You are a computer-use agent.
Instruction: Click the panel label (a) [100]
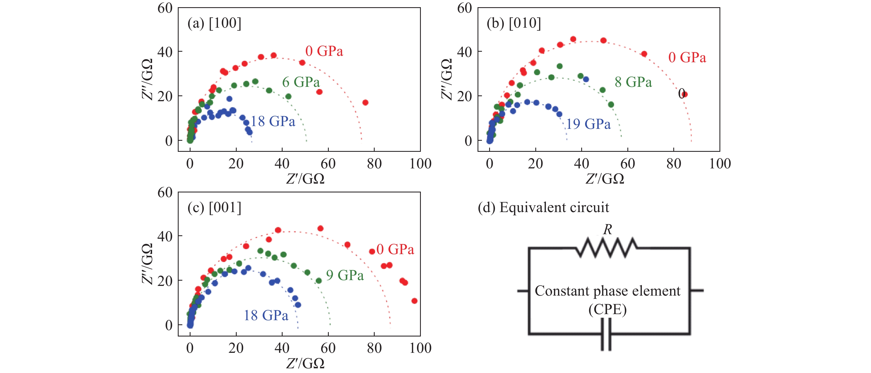214,23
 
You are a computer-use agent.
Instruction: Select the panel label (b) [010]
513,23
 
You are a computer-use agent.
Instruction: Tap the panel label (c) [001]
214,208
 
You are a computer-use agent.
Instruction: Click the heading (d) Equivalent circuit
543,208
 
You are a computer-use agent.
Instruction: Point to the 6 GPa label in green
301,82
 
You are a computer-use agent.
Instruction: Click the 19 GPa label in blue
588,124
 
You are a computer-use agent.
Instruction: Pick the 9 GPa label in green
345,275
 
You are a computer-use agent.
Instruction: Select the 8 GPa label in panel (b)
633,82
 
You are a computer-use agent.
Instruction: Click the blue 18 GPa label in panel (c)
266,315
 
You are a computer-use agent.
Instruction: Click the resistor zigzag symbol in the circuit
607,248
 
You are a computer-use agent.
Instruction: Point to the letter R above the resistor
607,230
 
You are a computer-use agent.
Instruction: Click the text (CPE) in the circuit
607,309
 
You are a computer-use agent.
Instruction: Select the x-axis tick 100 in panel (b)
720,164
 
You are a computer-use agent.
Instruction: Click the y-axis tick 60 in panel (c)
165,193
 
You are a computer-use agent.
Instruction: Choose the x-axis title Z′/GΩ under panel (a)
305,179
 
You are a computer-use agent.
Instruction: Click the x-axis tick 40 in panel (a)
282,164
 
